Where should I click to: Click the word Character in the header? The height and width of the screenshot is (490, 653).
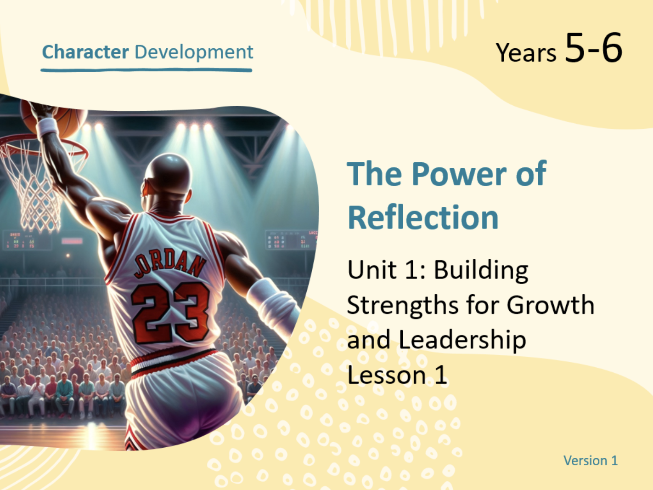[x=86, y=52]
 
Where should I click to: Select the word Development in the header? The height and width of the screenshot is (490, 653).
[x=194, y=53]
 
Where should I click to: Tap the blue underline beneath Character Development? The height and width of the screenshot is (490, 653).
[x=146, y=70]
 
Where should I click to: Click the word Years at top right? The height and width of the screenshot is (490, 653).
[x=526, y=53]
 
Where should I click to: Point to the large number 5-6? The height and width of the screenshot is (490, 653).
[x=593, y=48]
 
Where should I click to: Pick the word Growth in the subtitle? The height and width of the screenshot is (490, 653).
[x=550, y=305]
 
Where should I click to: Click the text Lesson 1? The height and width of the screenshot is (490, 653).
[x=397, y=375]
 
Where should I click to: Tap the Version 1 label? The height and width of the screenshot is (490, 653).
[x=591, y=461]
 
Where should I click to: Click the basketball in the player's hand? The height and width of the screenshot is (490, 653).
[x=54, y=119]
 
